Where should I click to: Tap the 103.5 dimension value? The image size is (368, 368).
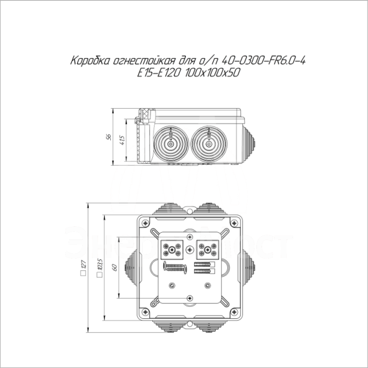coord(99,265)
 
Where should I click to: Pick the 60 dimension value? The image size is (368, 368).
coord(114,267)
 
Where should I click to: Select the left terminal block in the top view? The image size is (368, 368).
coord(172,249)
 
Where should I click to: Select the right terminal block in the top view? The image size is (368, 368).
coord(207,249)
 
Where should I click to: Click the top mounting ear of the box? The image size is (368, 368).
coord(190,211)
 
